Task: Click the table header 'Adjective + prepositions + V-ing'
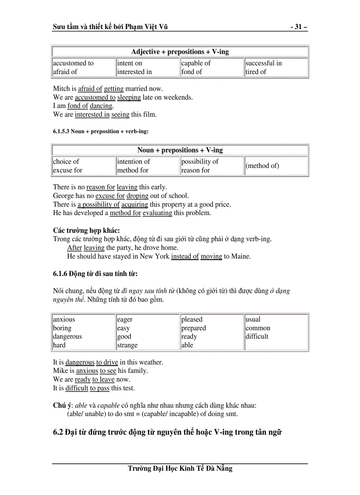(x=180, y=52)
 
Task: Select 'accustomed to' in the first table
(x=73, y=63)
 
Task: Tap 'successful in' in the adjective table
(x=263, y=63)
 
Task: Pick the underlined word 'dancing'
(x=101, y=106)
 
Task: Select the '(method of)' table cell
(x=262, y=166)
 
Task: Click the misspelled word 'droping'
(x=138, y=196)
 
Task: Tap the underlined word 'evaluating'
(x=157, y=213)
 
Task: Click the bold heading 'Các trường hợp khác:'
(x=86, y=231)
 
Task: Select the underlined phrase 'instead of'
(x=185, y=256)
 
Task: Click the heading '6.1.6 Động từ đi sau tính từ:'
(x=95, y=274)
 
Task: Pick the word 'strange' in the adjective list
(x=127, y=345)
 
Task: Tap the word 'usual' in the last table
(x=253, y=320)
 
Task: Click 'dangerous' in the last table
(x=67, y=336)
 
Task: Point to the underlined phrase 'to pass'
(x=100, y=388)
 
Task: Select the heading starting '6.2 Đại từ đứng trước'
(x=167, y=432)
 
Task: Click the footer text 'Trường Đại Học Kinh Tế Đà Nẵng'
(x=180, y=469)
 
